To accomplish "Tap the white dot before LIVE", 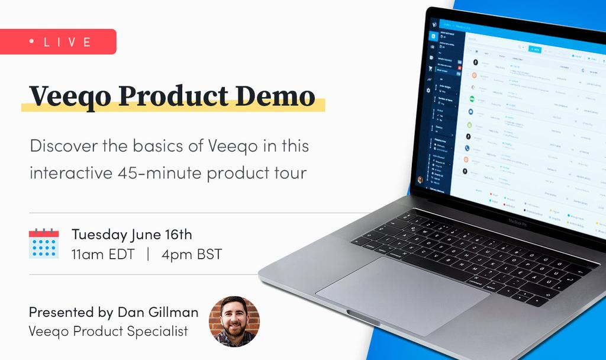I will pyautogui.click(x=31, y=41).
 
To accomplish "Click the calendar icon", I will pyautogui.click(x=44, y=243).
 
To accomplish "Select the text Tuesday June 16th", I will pyautogui.click(x=131, y=234).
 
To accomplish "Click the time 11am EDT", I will pyautogui.click(x=103, y=255).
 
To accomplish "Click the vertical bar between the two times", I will pyautogui.click(x=148, y=255).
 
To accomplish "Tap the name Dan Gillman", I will pyautogui.click(x=157, y=312).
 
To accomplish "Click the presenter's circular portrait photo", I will pyautogui.click(x=234, y=321).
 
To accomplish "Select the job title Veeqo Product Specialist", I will pyautogui.click(x=108, y=331).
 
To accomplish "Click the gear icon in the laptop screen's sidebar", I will pyautogui.click(x=428, y=91).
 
